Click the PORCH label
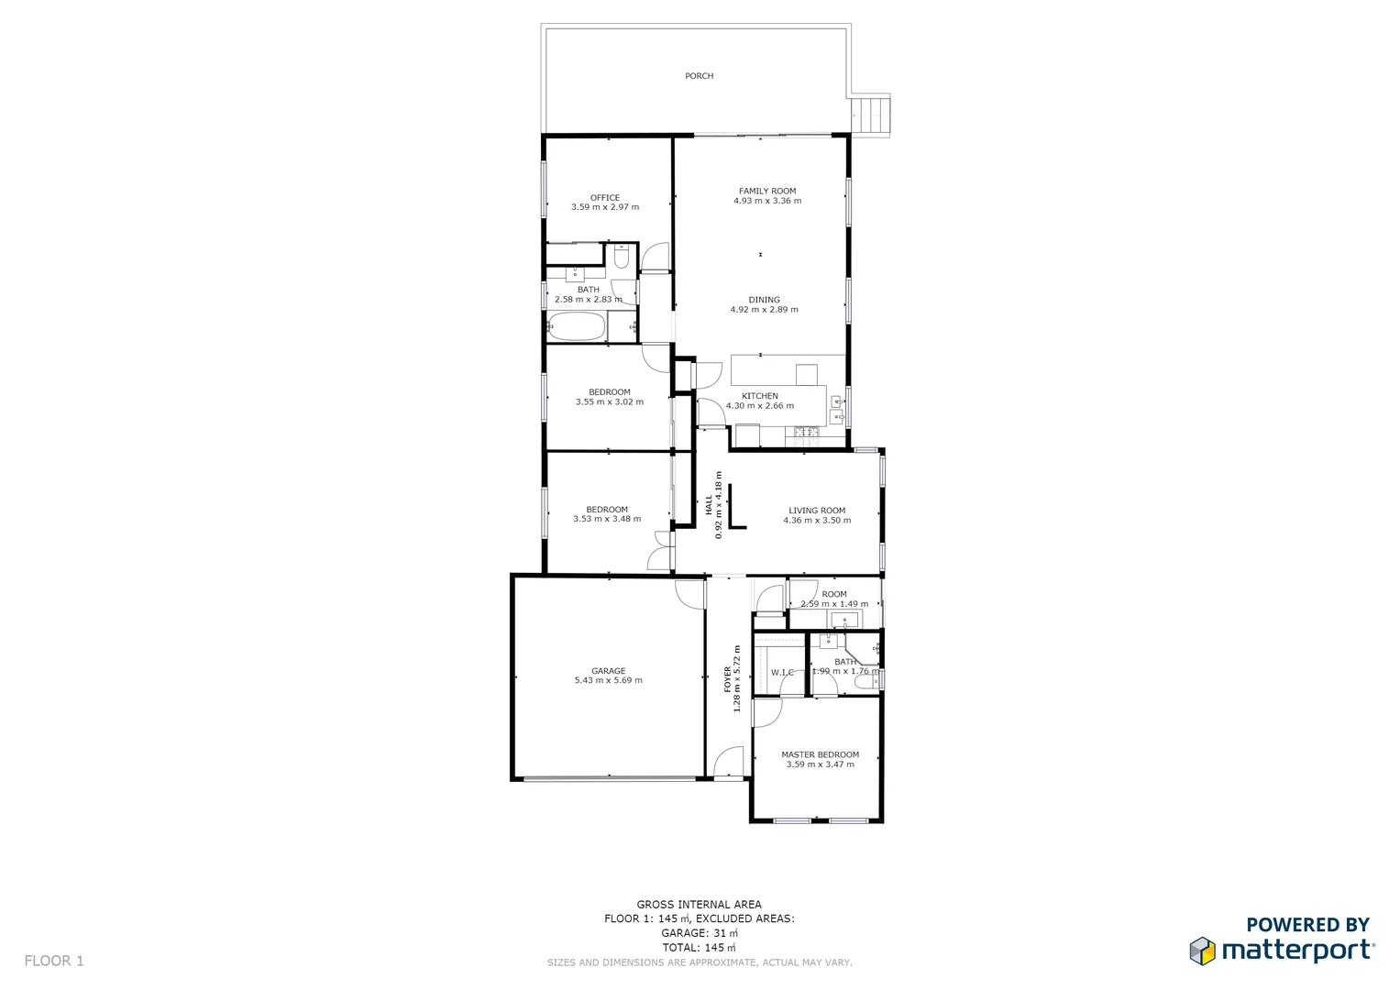click(x=699, y=76)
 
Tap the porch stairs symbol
click(x=873, y=115)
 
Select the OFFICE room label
click(x=605, y=197)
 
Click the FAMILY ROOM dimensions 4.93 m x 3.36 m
click(x=767, y=201)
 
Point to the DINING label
click(x=764, y=300)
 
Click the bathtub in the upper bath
click(x=576, y=326)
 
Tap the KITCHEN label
click(x=759, y=396)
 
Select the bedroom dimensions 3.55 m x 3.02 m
click(x=610, y=402)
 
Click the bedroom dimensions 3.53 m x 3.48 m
click(x=607, y=519)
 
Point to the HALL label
click(x=709, y=504)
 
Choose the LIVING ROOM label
click(x=817, y=511)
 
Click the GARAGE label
click(x=608, y=671)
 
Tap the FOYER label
click(x=728, y=678)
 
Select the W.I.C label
click(x=782, y=673)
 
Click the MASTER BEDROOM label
click(x=820, y=754)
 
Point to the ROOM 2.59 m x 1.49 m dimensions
click(x=834, y=604)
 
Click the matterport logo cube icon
click(x=1203, y=951)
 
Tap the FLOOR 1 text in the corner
click(x=54, y=961)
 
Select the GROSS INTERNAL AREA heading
click(x=699, y=904)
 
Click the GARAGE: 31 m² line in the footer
click(x=699, y=933)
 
